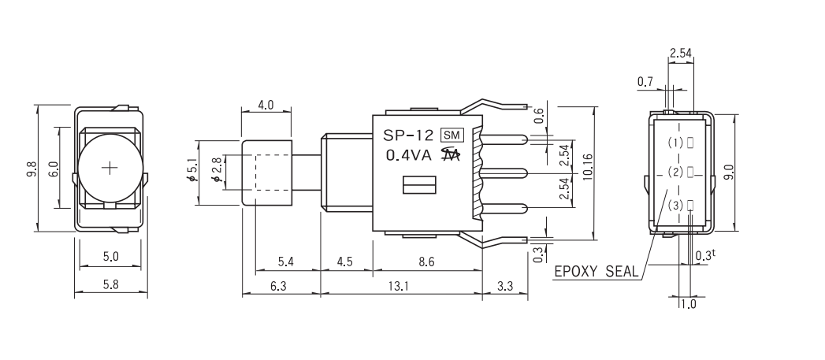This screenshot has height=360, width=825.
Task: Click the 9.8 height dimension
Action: [x=31, y=169]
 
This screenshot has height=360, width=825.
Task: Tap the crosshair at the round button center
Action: [x=110, y=168]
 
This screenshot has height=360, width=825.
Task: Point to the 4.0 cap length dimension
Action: [x=266, y=104]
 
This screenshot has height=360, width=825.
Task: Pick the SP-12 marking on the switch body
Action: [x=408, y=135]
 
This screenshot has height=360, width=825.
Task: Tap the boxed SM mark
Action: [x=451, y=135]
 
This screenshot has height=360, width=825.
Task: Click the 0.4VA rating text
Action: [x=408, y=155]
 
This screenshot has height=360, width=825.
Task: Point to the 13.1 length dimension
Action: [x=401, y=287]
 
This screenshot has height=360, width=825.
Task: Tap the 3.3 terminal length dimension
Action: [x=504, y=287]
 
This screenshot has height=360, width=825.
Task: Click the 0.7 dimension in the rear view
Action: [x=645, y=81]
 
